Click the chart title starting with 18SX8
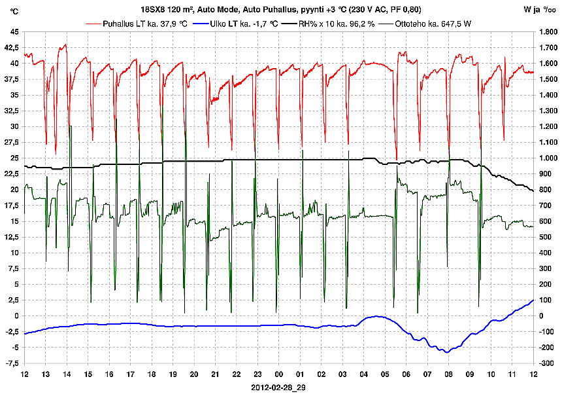[x=281, y=9]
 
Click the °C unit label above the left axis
[x=14, y=10]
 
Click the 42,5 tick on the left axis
[x=12, y=48]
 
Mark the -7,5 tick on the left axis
[x=12, y=363]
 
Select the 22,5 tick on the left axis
[x=12, y=174]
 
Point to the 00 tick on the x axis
[x=279, y=374]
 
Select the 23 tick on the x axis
[x=258, y=374]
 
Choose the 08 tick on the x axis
[x=449, y=374]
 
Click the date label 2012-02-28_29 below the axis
[x=279, y=388]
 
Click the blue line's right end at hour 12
[x=533, y=300]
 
